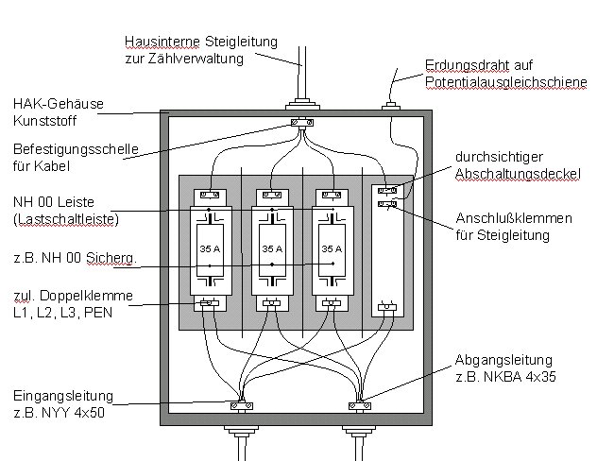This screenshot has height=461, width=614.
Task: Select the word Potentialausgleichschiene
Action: pos(505,83)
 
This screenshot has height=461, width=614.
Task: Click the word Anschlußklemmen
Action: pos(492,219)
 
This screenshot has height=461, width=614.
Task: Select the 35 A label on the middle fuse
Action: pos(271,249)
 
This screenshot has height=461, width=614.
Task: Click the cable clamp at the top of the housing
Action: pos(302,122)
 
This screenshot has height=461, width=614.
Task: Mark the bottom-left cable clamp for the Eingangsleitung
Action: pos(240,406)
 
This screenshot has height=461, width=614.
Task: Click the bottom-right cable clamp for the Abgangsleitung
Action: pos(360,406)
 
